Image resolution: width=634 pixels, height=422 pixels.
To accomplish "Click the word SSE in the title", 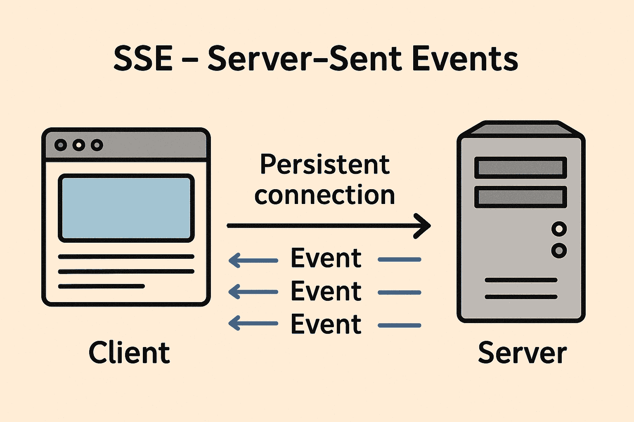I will (143, 59).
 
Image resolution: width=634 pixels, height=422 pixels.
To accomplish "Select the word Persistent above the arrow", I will (325, 164).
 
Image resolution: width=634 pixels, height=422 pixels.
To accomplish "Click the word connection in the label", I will (325, 195).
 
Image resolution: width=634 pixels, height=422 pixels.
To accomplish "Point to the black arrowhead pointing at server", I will (423, 226).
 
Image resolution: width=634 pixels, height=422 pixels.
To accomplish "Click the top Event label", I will (326, 258).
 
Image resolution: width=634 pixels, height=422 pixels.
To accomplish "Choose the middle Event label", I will (326, 291).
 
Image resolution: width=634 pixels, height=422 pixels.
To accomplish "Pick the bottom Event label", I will (326, 324).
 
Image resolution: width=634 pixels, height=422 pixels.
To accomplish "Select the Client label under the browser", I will (129, 353).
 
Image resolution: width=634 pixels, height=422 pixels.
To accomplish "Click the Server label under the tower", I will (522, 353).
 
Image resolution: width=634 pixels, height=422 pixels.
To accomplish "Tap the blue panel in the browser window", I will (126, 208).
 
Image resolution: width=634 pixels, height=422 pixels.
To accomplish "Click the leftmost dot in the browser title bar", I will (61, 145).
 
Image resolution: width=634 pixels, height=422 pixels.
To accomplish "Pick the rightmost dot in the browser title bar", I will (97, 145).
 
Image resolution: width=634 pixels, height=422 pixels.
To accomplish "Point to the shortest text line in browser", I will (102, 286).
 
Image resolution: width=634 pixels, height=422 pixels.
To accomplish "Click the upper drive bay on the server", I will (520, 168).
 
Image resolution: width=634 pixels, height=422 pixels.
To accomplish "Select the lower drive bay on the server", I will (520, 197).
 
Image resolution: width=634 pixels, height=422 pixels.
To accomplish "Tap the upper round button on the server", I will (559, 229).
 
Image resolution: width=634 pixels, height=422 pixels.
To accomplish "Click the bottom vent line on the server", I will (521, 297).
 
